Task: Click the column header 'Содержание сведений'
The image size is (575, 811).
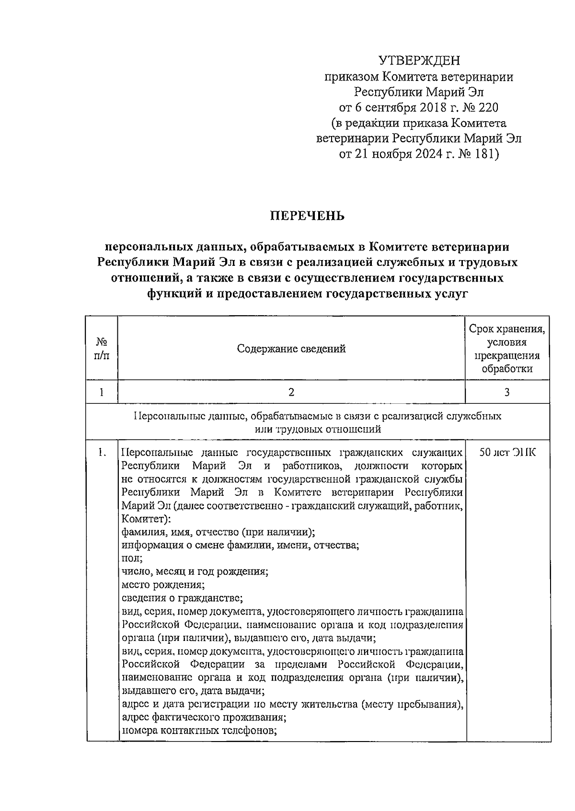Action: (291, 349)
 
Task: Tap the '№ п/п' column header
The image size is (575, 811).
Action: (102, 349)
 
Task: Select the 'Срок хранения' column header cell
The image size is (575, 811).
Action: (507, 349)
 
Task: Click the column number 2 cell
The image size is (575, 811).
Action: (291, 392)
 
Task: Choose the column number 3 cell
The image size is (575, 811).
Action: (507, 392)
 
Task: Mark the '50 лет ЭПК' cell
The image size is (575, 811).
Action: (508, 453)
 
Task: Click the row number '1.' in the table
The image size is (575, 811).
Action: (102, 453)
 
